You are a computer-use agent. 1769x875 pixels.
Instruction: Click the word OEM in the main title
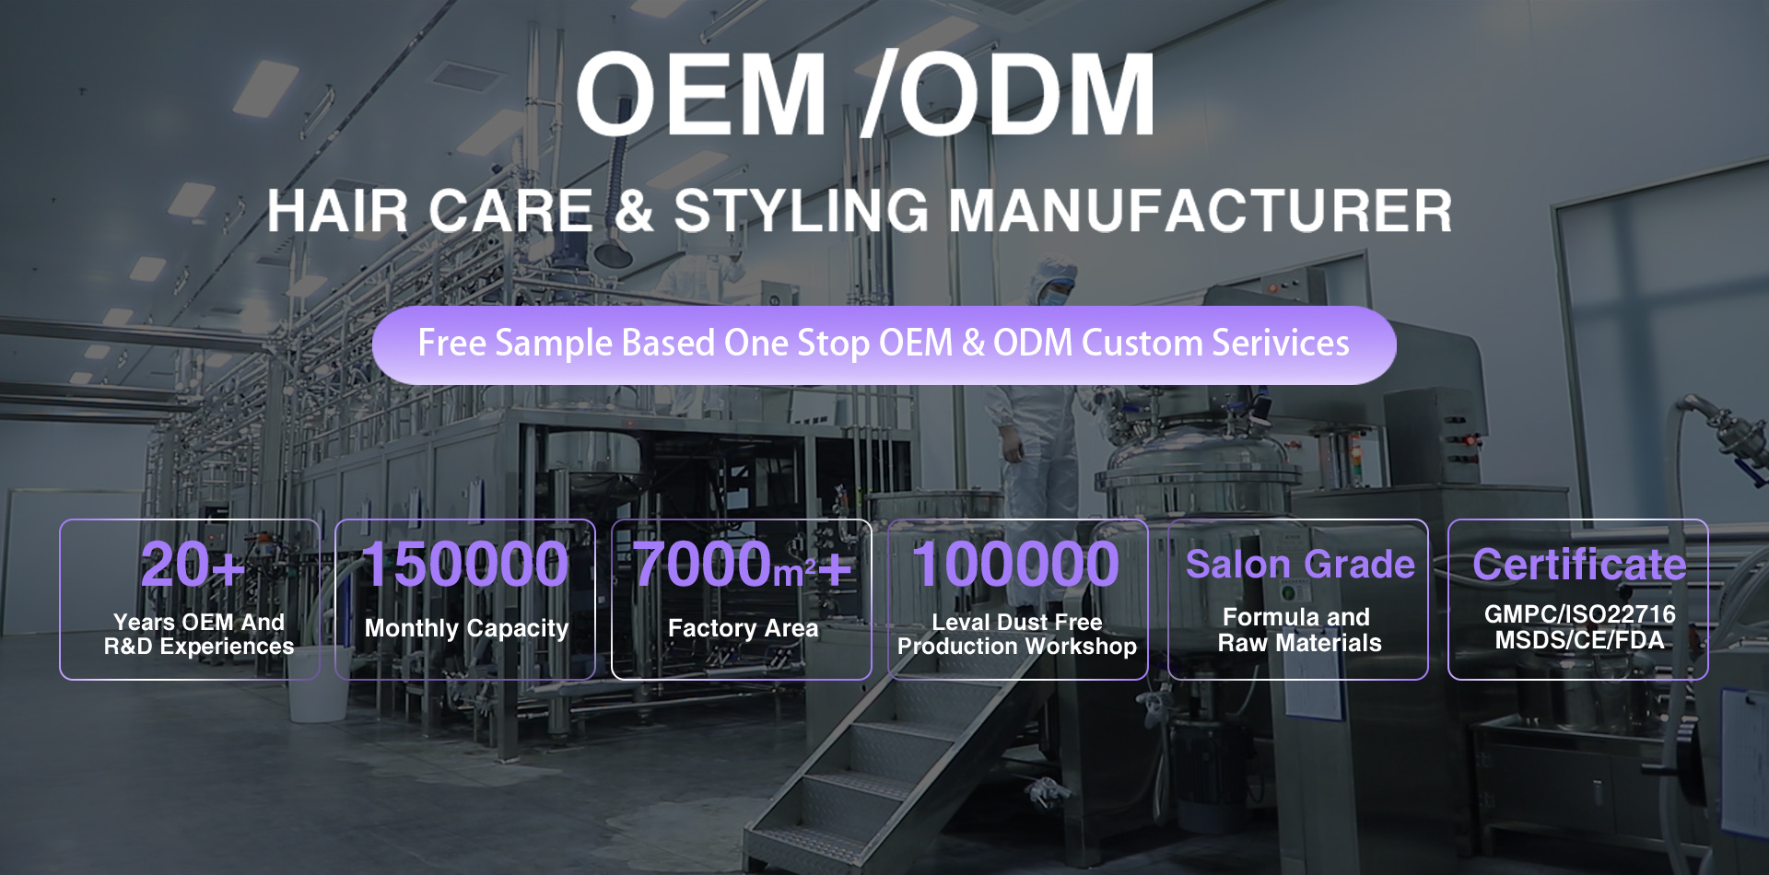pyautogui.click(x=701, y=94)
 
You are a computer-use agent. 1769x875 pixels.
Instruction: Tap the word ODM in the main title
pyautogui.click(x=1026, y=94)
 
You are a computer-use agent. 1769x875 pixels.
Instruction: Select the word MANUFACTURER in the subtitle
pyautogui.click(x=1201, y=211)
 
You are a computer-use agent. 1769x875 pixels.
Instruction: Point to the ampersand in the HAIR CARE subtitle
pyautogui.click(x=634, y=211)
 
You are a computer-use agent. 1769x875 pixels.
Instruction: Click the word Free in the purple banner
pyautogui.click(x=451, y=343)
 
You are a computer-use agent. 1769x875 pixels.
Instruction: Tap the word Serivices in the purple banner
pyautogui.click(x=1281, y=343)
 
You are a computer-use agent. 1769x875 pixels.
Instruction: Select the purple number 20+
pyautogui.click(x=193, y=564)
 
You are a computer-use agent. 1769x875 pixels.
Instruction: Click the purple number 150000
pyautogui.click(x=465, y=564)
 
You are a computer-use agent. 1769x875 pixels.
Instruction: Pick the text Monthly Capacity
pyautogui.click(x=466, y=629)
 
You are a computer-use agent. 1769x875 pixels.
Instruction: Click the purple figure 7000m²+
pyautogui.click(x=743, y=564)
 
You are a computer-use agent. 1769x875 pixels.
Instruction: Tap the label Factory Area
pyautogui.click(x=743, y=628)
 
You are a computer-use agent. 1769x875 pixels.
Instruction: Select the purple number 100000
pyautogui.click(x=1016, y=564)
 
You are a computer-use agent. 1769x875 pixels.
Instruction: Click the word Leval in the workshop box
pyautogui.click(x=960, y=623)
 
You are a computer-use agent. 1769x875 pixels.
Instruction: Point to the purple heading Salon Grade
pyautogui.click(x=1300, y=565)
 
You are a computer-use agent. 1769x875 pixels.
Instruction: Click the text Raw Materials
pyautogui.click(x=1299, y=643)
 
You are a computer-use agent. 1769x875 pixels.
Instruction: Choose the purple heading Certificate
pyautogui.click(x=1579, y=565)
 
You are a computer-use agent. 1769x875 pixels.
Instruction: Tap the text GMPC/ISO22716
pyautogui.click(x=1579, y=614)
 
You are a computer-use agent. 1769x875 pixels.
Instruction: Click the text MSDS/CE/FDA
pyautogui.click(x=1579, y=640)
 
